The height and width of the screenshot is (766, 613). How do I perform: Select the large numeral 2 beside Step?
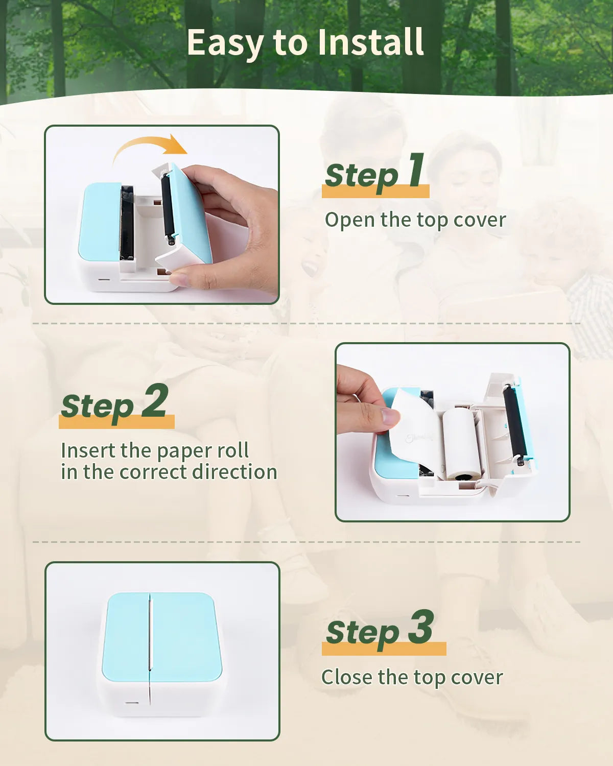(154, 400)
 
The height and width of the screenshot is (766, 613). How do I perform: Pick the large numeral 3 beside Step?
(420, 627)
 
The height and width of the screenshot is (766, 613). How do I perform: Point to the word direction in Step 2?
(234, 472)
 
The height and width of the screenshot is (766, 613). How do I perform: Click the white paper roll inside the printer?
(462, 443)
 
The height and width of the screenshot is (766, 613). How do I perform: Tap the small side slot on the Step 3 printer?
(132, 703)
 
